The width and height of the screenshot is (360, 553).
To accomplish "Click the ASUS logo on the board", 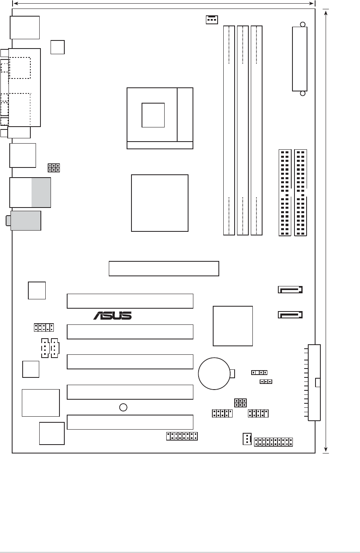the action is [x=112, y=315].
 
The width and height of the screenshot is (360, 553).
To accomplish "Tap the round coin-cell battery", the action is [x=214, y=373].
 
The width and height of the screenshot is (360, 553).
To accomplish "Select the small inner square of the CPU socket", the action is [x=153, y=114].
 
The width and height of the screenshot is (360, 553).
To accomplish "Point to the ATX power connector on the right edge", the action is [x=314, y=383].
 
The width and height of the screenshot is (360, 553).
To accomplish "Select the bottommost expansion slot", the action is [x=130, y=422].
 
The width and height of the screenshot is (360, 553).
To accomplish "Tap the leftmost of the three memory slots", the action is [x=229, y=131].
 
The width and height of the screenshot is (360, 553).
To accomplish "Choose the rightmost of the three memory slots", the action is [x=256, y=131].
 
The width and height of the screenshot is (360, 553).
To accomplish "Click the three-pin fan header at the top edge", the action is [x=211, y=19].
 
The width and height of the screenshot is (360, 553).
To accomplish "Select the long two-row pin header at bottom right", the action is [x=273, y=442].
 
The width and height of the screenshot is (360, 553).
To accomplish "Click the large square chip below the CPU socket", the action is [x=160, y=203].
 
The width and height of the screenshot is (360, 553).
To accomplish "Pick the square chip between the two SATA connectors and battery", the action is [x=233, y=326].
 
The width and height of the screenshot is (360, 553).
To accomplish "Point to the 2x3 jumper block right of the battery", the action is [x=240, y=403].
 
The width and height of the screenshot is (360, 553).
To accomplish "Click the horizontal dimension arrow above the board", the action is [x=164, y=3].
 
